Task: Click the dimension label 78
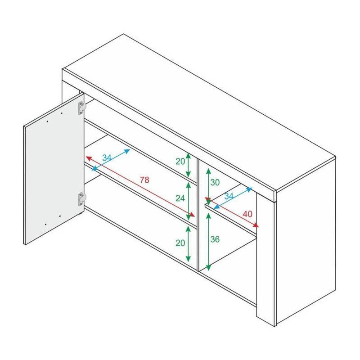(144, 180)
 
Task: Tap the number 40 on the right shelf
(247, 214)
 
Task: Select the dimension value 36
(215, 240)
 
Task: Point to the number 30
(215, 182)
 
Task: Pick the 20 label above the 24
(180, 161)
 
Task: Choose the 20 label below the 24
(180, 243)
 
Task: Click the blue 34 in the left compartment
(107, 158)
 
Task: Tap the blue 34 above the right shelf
(229, 196)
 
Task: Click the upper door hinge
(82, 107)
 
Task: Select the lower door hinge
(82, 198)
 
